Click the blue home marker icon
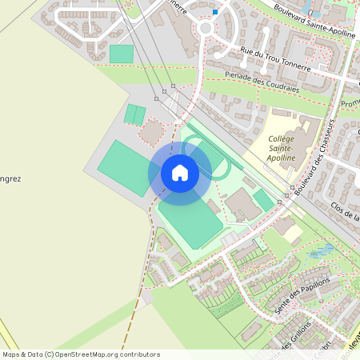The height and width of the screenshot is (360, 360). tap(180, 172)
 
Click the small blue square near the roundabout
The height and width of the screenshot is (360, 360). tap(215, 12)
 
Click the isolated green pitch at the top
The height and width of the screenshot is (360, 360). tap(122, 54)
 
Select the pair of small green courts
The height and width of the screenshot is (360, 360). tap(134, 114)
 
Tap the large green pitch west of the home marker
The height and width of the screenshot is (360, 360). tap(123, 166)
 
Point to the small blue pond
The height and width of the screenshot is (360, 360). tap(322, 253)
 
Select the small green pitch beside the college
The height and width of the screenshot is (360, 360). tap(263, 200)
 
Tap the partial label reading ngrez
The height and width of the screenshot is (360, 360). tap(11, 179)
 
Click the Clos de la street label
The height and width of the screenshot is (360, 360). tap(344, 213)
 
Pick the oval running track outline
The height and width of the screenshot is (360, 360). tap(206, 157)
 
